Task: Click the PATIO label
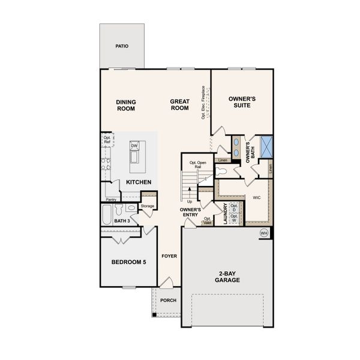pos(122,46)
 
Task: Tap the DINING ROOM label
pos(125,106)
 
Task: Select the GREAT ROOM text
pos(179,106)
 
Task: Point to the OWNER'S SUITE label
pos(242,101)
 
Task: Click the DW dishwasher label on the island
pos(134,146)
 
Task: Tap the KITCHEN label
pos(138,182)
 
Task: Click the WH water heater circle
pos(263,233)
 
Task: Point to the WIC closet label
pos(256,197)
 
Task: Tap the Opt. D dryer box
pos(234,208)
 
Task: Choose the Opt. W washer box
pos(234,219)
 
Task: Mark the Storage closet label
pos(147,206)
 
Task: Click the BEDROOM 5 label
pos(128,262)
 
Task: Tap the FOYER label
pos(169,256)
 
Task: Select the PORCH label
pos(169,300)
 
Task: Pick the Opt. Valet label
pos(207,221)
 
